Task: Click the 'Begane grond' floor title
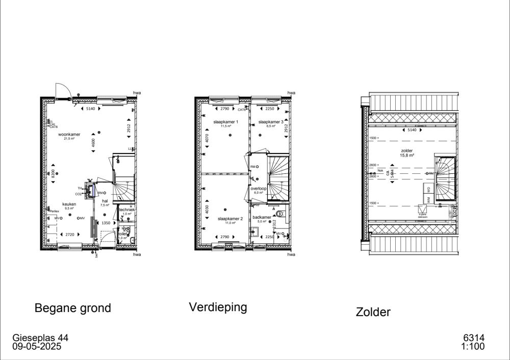pyautogui.click(x=72, y=308)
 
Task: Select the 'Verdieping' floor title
pyautogui.click(x=218, y=307)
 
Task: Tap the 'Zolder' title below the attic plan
pyautogui.click(x=373, y=312)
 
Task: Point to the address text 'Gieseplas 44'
pyautogui.click(x=40, y=338)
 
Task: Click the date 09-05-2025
pyautogui.click(x=37, y=346)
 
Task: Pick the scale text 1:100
pyautogui.click(x=473, y=346)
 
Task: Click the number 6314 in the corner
pyautogui.click(x=474, y=338)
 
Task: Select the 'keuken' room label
pyautogui.click(x=69, y=204)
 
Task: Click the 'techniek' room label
pyautogui.click(x=126, y=210)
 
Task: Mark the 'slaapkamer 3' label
pyautogui.click(x=270, y=122)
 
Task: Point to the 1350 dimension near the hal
pyautogui.click(x=106, y=223)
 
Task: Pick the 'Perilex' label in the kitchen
pyautogui.click(x=55, y=211)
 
